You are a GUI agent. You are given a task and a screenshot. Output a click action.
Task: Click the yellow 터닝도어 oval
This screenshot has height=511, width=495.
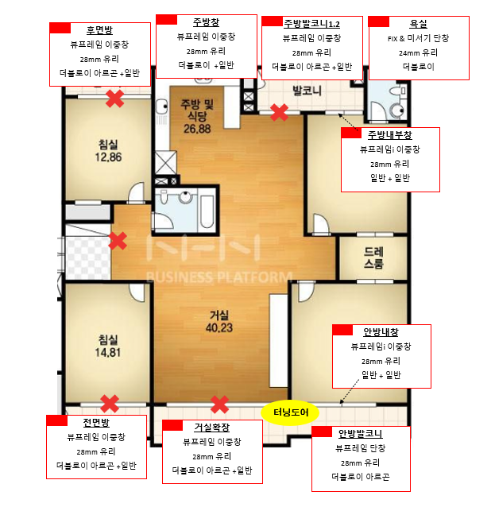290,412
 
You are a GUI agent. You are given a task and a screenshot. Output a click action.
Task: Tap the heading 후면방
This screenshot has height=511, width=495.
100,30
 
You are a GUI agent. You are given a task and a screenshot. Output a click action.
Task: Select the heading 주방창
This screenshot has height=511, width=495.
207,22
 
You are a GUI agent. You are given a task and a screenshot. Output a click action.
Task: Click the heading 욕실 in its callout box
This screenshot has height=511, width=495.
419,24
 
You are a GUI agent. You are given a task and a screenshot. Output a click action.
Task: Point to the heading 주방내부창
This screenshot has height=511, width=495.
390,135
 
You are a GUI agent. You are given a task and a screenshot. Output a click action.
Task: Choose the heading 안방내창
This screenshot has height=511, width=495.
381,332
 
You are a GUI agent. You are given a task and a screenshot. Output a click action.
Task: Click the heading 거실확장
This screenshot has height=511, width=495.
212,428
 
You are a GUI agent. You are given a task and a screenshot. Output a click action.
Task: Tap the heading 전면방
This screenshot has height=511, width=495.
96,423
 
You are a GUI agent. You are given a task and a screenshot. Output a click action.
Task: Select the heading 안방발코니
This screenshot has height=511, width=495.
361,434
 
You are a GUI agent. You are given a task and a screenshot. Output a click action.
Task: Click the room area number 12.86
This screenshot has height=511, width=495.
108,157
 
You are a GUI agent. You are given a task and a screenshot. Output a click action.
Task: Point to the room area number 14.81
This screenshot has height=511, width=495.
108,353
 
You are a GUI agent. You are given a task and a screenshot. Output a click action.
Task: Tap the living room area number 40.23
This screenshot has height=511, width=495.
219,327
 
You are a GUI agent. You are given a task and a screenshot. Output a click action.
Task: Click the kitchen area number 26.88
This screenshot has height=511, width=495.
197,129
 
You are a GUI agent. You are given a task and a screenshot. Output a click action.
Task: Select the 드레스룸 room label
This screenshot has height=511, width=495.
373,257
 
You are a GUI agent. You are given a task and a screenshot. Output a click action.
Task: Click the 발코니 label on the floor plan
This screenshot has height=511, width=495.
307,91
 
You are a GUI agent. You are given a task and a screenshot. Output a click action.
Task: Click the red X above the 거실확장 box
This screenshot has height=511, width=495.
219,405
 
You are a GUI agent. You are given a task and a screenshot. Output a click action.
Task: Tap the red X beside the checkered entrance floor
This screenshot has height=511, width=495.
118,241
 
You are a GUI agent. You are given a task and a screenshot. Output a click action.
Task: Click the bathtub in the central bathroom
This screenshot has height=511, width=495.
207,209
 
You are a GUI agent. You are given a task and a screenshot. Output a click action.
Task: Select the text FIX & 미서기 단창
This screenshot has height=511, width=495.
419,38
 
